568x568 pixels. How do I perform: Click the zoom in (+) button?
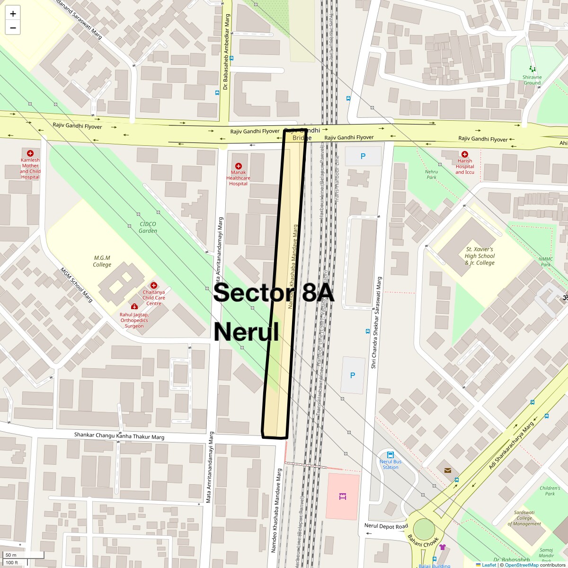(x=13, y=13)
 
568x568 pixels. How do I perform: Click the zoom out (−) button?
(x=13, y=28)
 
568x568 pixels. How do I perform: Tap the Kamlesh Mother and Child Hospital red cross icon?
(x=30, y=153)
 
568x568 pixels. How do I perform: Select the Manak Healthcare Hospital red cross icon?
(x=239, y=166)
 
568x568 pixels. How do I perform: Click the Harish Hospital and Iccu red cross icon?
(x=465, y=154)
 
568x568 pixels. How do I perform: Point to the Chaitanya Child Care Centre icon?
(x=154, y=285)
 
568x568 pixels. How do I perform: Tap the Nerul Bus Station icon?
(x=390, y=455)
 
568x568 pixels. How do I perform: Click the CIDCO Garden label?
(x=148, y=228)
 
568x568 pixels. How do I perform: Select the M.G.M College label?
(x=102, y=261)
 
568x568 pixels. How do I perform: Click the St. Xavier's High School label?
(x=479, y=256)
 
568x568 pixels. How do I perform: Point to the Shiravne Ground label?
(x=532, y=80)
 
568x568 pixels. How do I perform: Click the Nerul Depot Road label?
(x=386, y=526)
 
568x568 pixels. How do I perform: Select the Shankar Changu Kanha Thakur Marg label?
(x=119, y=436)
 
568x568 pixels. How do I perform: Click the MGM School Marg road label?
(x=76, y=285)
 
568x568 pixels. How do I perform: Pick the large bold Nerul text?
(x=246, y=332)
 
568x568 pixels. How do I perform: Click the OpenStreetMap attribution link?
(x=522, y=565)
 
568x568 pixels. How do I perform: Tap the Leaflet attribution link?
(x=488, y=565)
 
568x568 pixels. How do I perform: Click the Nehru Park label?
(x=431, y=175)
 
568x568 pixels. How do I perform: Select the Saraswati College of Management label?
(x=524, y=518)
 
